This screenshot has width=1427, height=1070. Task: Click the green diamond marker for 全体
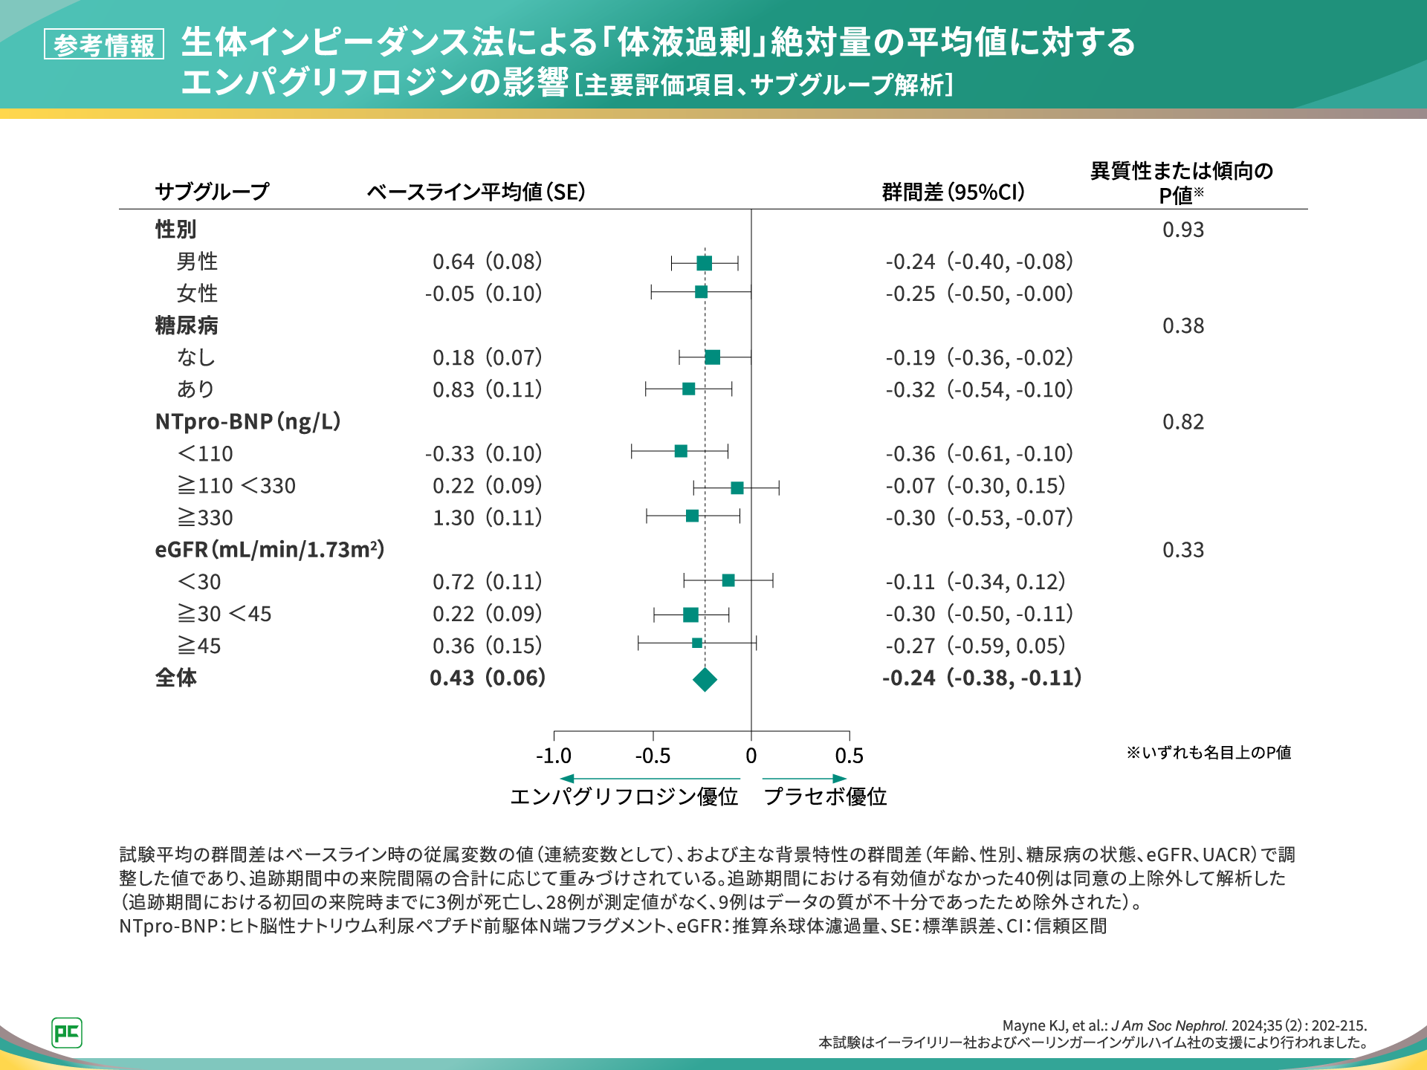point(705,679)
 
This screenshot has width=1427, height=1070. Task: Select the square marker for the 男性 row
point(704,262)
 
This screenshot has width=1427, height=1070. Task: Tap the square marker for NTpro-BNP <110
point(681,451)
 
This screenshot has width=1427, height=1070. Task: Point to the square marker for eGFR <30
point(728,580)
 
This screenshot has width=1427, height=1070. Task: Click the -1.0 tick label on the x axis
point(554,756)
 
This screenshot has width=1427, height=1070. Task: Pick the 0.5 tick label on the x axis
point(849,756)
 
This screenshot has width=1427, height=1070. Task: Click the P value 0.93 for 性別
point(1182,230)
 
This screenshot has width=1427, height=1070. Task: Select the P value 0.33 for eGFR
point(1182,551)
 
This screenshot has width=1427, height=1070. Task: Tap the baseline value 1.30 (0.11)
point(487,518)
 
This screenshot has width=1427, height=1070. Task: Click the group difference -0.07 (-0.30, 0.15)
point(975,486)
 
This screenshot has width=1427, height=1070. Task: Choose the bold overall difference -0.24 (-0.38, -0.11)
point(982,678)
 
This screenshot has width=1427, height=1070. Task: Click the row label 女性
point(197,294)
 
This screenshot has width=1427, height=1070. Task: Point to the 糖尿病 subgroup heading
point(187,325)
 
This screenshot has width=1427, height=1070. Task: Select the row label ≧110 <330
point(236,486)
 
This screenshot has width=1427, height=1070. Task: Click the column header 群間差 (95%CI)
point(954,192)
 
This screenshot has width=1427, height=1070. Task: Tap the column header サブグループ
point(212,192)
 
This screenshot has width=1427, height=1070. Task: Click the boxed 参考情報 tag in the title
point(104,45)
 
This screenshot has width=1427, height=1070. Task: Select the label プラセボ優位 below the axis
point(825,797)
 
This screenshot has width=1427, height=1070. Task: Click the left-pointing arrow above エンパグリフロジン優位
point(568,778)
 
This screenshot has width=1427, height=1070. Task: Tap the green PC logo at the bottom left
point(67,1033)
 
